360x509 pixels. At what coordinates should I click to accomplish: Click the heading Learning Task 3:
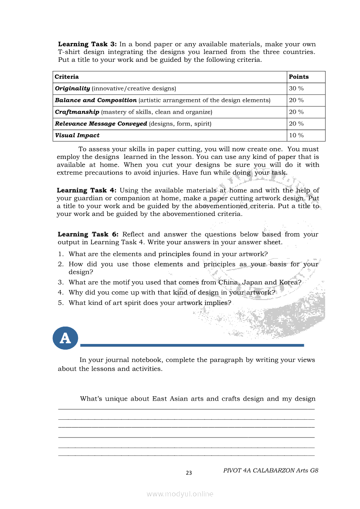point(87,44)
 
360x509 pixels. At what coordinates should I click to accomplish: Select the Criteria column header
point(67,77)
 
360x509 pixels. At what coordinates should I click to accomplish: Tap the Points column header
point(299,77)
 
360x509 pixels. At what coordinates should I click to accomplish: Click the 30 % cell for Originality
point(296,88)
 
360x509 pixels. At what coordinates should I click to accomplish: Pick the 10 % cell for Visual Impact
point(296,135)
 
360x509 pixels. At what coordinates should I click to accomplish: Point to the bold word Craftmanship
point(77,112)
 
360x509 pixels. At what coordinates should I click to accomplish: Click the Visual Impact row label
point(77,135)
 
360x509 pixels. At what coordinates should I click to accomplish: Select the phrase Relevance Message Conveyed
point(101,124)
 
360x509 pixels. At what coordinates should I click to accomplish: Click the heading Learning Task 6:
point(87,234)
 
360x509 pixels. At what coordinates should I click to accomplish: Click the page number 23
point(189,473)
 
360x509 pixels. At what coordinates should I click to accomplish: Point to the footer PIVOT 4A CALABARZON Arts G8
point(271,470)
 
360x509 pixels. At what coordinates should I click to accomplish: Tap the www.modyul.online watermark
point(180,494)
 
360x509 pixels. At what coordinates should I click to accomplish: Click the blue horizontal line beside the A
point(192,345)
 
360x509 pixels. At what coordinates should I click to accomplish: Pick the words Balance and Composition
point(95,100)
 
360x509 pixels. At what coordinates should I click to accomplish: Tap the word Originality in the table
point(72,88)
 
